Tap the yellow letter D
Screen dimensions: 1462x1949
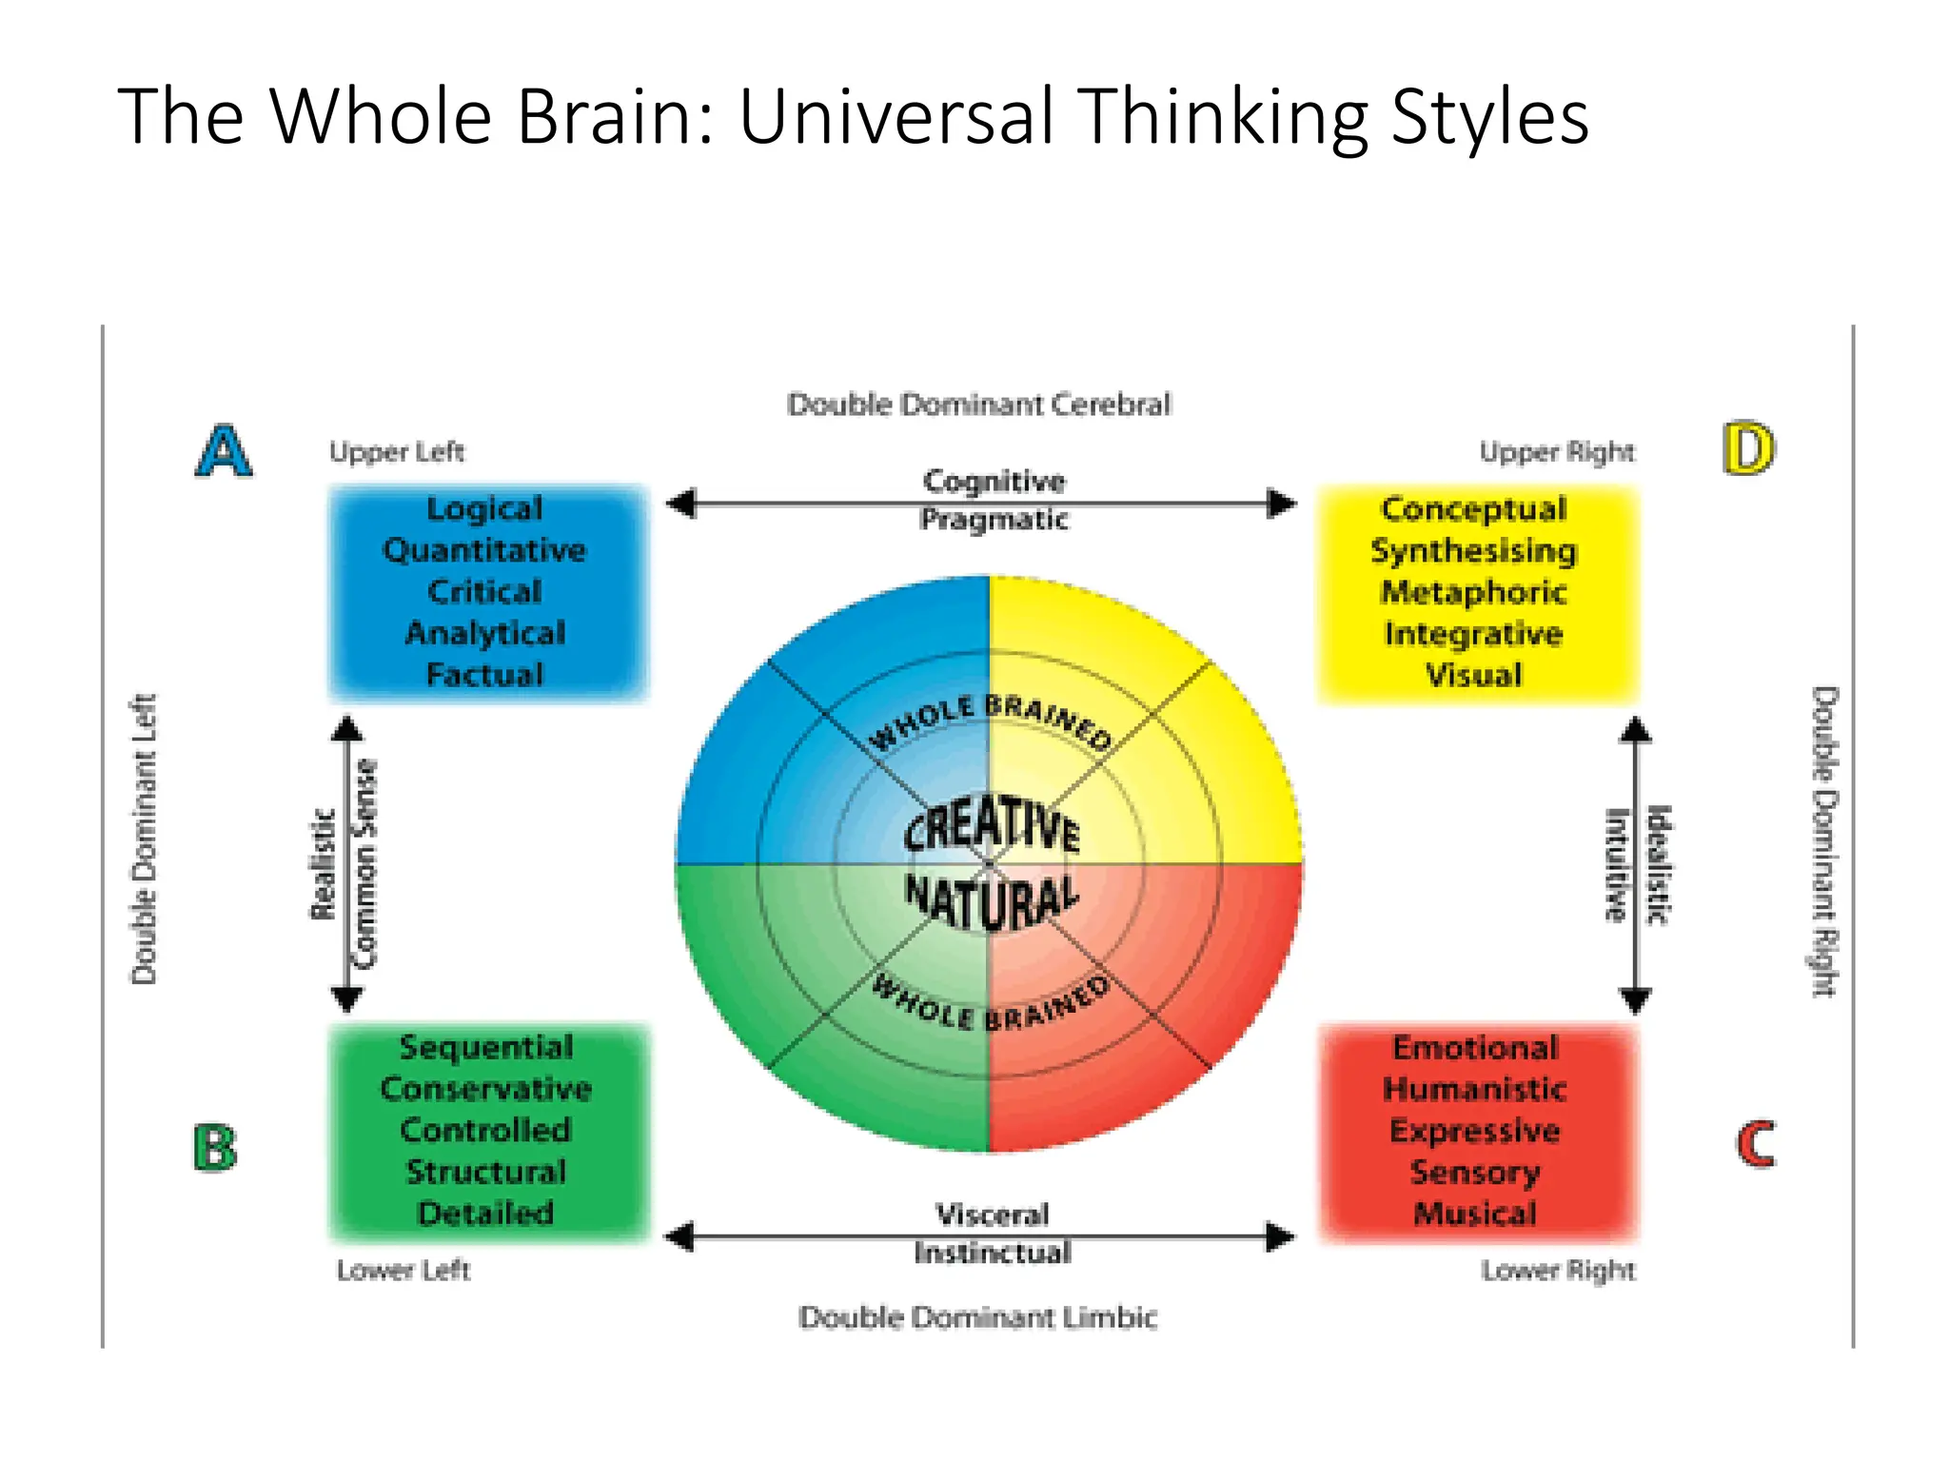pos(1748,449)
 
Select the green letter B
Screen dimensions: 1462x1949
pos(215,1148)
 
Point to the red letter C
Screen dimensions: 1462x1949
pos(1755,1144)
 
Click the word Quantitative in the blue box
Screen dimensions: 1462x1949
pos(484,550)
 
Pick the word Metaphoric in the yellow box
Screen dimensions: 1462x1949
pos(1473,592)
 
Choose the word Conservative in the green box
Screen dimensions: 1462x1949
pos(485,1088)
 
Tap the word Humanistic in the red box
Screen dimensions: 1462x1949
pos(1474,1088)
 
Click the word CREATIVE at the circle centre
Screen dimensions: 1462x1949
pos(992,824)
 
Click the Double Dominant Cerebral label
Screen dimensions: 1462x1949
pos(978,405)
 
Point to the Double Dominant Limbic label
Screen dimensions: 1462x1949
pos(977,1317)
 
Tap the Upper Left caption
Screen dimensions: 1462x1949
pos(397,451)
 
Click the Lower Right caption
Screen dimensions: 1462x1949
pos(1558,1270)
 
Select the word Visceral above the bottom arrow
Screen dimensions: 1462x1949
pos(992,1214)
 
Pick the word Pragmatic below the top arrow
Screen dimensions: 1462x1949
pos(994,520)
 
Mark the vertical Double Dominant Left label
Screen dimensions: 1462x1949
pos(144,839)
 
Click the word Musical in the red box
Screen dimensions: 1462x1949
pos(1474,1214)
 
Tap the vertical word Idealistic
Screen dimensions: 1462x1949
pos(1658,864)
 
